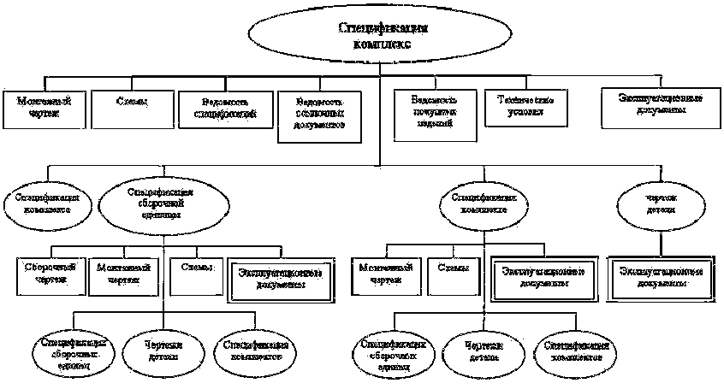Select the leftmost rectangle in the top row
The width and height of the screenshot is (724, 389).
coord(42,108)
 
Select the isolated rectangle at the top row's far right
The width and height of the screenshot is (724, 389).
coord(661,108)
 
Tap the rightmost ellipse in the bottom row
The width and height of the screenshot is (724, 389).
coord(576,351)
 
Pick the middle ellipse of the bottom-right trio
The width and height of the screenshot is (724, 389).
coord(484,351)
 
